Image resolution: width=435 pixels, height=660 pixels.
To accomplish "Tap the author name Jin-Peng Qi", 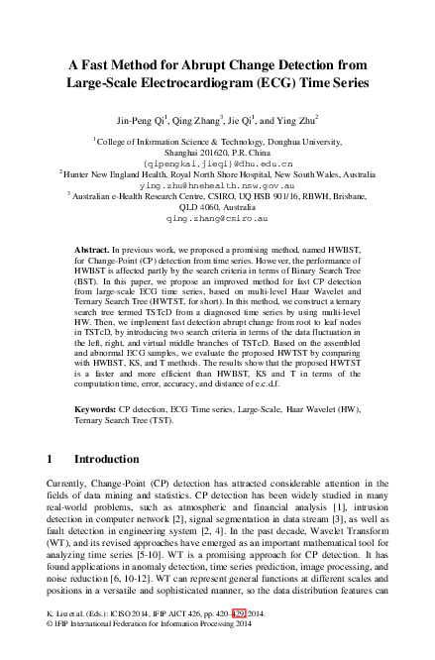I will (x=147, y=120).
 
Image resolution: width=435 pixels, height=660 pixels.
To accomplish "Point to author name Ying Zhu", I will (x=302, y=120).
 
